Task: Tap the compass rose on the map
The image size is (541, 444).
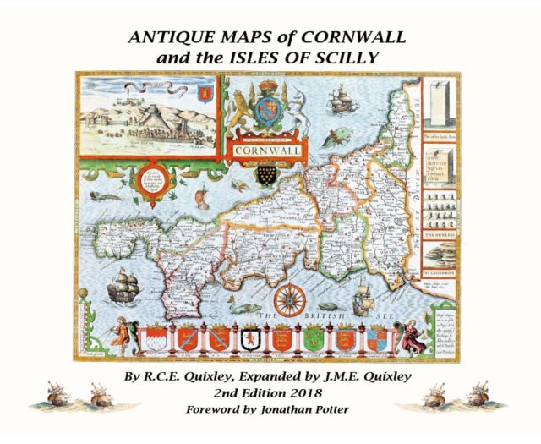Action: (x=289, y=299)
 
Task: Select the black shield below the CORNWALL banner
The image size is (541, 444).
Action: (x=268, y=175)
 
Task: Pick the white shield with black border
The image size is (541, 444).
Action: (x=250, y=340)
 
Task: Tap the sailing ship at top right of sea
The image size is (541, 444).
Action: (x=340, y=101)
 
